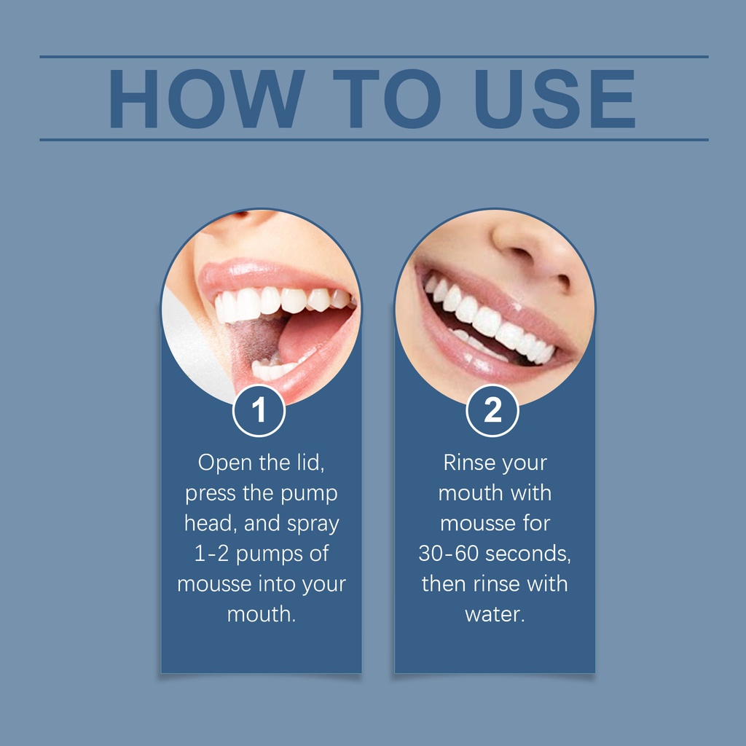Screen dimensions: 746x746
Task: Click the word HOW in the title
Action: pos(206,98)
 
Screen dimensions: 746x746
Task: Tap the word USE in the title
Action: pos(554,98)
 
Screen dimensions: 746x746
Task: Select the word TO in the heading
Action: pos(386,98)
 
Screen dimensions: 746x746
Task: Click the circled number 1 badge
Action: pos(259,411)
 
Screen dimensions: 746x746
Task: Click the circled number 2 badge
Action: pos(492,411)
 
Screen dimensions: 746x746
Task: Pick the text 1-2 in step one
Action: pos(211,554)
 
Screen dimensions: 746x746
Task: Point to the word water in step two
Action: pos(495,614)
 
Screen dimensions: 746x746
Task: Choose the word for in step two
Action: pos(536,523)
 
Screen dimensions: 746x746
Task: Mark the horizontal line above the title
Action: pos(374,57)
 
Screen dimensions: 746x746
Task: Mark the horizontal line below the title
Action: pos(374,140)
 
